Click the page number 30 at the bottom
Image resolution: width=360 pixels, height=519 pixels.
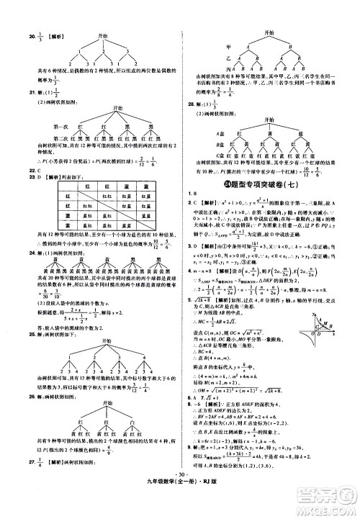pyautogui.click(x=180, y=502)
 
